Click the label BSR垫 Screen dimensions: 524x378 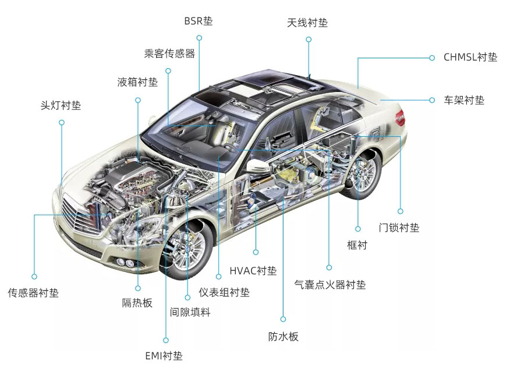click(x=198, y=21)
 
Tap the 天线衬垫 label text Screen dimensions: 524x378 click(x=307, y=23)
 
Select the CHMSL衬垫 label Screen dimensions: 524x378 click(x=470, y=57)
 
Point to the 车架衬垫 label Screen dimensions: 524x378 click(x=464, y=100)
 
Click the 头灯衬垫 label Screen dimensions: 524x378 click(x=61, y=105)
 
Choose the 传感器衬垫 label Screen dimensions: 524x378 click(x=33, y=293)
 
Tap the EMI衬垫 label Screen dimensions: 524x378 click(x=164, y=356)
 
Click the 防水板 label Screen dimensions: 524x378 click(x=283, y=337)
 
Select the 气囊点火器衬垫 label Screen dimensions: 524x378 click(x=330, y=285)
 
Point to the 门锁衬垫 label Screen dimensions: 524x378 click(x=399, y=228)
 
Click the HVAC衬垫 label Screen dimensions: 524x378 click(x=253, y=270)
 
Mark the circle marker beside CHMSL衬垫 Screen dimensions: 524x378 click(x=432, y=58)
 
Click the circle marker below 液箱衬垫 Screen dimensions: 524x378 click(x=137, y=100)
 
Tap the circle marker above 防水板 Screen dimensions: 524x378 click(x=283, y=319)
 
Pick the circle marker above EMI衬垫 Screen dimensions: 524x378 click(x=166, y=340)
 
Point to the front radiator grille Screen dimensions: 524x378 click(x=80, y=215)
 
